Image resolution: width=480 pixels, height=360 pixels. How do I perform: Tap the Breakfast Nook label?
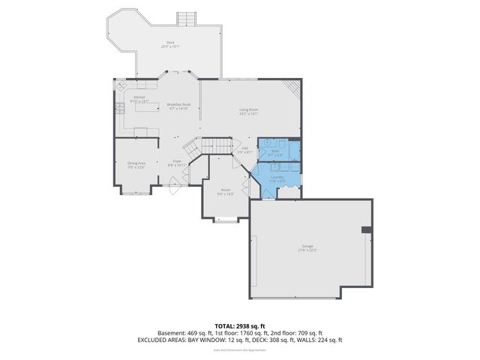[x=178, y=106]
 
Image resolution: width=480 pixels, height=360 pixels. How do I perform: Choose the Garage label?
[x=307, y=247]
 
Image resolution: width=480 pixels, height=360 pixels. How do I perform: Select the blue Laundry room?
[x=277, y=178]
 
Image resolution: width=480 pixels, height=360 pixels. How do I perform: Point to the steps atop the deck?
[x=186, y=18]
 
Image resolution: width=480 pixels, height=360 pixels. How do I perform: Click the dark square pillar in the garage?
[x=365, y=229]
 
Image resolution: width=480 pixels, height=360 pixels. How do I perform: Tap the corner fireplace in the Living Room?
[x=294, y=88]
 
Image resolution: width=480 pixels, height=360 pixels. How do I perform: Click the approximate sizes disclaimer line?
[x=239, y=349]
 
